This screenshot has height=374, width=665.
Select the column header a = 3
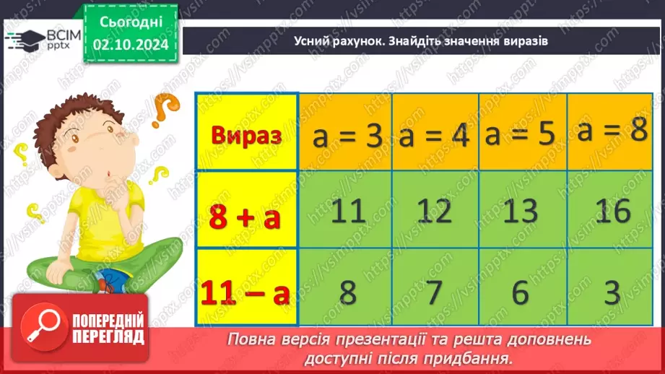345,136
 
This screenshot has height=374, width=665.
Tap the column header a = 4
435,136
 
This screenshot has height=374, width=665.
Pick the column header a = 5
522,136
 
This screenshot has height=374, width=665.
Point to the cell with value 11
345,211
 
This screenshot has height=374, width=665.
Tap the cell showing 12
435,211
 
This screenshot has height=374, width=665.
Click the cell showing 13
521,211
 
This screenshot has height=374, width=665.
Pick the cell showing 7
435,292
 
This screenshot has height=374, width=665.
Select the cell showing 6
521,292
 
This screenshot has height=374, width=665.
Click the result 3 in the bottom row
612,292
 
